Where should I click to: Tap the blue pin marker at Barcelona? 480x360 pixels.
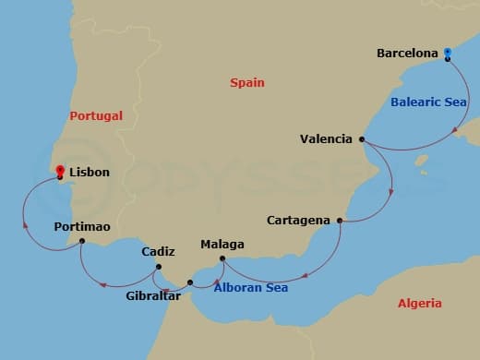pos(447,53)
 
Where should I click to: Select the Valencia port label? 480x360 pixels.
pos(326,139)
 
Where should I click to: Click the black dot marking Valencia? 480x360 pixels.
pos(361,139)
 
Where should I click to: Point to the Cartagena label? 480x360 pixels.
pos(299,221)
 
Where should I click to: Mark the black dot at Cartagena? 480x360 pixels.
pos(340,221)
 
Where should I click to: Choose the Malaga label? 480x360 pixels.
pos(222,245)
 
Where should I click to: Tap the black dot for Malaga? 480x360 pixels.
pos(222,259)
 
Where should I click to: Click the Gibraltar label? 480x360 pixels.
pos(154,296)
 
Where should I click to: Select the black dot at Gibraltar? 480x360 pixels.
pos(190,282)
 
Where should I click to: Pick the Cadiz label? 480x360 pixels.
pos(158,251)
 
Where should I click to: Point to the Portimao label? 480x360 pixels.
pos(82,226)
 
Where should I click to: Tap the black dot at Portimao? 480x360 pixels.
pos(82,242)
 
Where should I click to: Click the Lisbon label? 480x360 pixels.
pos(89,172)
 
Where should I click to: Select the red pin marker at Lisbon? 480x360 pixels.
pos(60,172)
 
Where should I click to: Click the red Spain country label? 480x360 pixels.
pos(247,83)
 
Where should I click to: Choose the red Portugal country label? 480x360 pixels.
pos(96,116)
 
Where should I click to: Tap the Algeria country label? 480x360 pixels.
pos(419,303)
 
